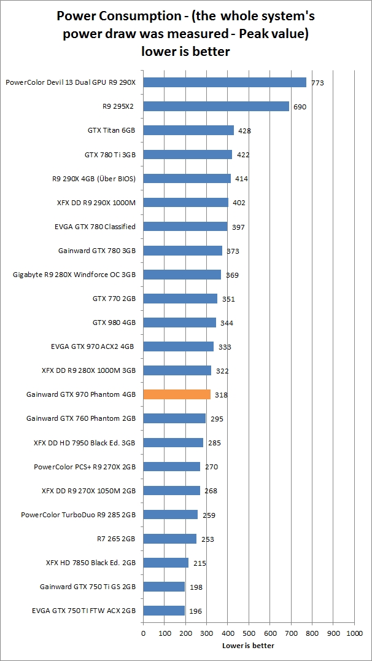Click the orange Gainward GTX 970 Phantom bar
coord(177,394)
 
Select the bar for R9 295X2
coord(216,106)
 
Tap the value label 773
coord(317,83)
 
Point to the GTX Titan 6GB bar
coord(188,130)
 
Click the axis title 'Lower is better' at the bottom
coord(248,646)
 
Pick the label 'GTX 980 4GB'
coord(114,323)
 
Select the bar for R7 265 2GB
coord(170,539)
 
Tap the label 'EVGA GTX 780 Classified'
coord(95,227)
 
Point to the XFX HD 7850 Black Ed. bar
coord(166,563)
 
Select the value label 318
coord(222,395)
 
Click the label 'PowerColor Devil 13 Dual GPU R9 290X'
coord(70,82)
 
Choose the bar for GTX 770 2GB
coord(180,299)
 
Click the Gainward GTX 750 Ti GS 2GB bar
coord(164,587)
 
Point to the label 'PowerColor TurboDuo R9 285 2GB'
coord(78,515)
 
